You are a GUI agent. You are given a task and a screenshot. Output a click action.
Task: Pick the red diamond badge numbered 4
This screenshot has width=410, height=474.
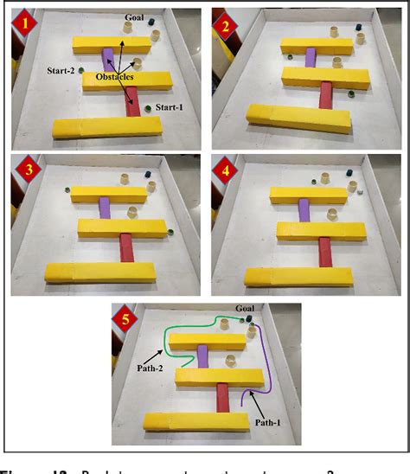(227, 170)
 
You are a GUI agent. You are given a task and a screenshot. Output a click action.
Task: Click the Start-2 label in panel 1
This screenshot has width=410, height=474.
(62, 71)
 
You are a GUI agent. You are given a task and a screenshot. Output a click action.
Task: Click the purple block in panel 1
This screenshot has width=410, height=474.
(109, 61)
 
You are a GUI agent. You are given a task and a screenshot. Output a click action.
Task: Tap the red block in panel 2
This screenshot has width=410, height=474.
(325, 94)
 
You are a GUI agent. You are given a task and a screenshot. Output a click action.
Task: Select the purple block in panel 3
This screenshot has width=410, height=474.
(105, 207)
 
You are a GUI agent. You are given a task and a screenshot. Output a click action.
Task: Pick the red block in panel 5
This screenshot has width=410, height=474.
(223, 399)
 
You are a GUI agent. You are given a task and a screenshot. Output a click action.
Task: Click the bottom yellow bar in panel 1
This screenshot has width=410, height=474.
(107, 126)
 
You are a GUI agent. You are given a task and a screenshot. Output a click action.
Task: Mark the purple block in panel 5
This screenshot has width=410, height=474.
(203, 355)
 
